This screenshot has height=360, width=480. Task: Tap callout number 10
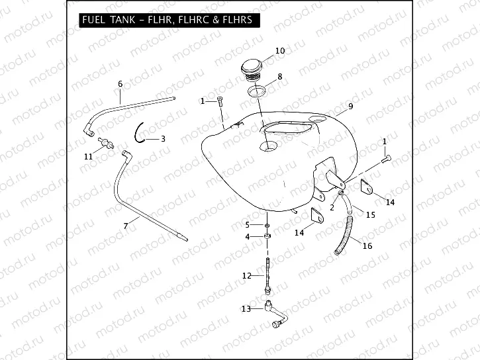[279, 51]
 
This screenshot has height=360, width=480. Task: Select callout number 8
[279, 77]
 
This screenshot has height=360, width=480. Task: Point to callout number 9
[350, 107]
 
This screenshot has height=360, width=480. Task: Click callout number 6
[120, 84]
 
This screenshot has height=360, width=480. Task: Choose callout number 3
[163, 138]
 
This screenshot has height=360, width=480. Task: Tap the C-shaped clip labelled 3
[140, 133]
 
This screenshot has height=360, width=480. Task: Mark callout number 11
[88, 156]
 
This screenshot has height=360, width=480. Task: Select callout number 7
[125, 226]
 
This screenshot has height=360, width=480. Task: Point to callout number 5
[248, 225]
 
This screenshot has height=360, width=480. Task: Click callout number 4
[248, 236]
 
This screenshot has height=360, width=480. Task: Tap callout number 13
[246, 309]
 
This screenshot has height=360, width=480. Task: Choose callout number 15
[370, 215]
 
